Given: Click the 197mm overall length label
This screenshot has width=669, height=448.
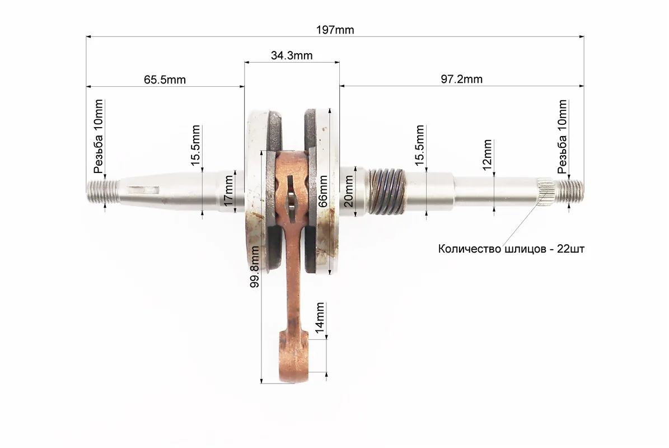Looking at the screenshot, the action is [x=335, y=30].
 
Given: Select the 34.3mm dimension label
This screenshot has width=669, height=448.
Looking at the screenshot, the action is [x=292, y=55].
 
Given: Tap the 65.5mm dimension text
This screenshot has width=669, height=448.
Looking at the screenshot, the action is [x=165, y=80].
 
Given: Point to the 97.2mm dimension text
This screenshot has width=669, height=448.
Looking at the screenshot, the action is [x=462, y=80].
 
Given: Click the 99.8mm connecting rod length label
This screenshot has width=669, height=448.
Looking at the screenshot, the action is [x=255, y=267].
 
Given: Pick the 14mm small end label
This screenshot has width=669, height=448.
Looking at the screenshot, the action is [x=320, y=318].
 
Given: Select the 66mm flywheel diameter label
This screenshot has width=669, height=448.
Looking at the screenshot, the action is [x=323, y=191].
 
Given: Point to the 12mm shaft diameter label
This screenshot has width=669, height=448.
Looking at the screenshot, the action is [x=487, y=155].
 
